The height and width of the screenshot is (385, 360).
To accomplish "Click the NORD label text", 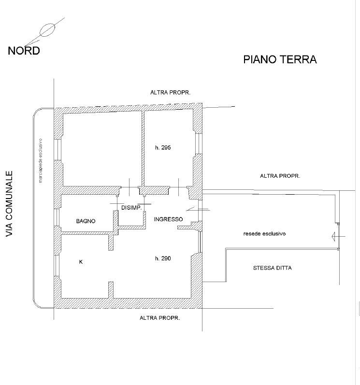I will point(24,50).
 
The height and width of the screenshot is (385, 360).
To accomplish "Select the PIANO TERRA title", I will point(280,59).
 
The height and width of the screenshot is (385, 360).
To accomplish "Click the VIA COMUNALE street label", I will point(8,203).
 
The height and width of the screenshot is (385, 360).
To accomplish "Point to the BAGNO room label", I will point(86,221).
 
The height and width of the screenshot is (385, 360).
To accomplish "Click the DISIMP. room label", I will point(130,208).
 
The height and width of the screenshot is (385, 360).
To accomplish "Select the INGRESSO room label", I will point(168,219).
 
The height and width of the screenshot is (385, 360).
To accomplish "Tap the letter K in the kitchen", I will point(80,262).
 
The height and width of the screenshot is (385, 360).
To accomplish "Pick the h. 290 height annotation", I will point(163,258).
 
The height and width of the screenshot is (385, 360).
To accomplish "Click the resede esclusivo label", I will point(264,234).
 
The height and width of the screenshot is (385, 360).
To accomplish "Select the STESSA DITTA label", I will point(272,268).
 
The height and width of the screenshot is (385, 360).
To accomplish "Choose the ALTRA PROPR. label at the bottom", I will point(159,318).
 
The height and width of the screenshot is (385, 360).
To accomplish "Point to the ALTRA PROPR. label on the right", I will point(280,176).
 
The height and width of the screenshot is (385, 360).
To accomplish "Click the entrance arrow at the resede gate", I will point(336,236).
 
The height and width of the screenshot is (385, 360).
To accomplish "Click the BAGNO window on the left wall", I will point(57,219).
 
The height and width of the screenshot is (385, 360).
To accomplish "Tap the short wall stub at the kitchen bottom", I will point(111,290).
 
